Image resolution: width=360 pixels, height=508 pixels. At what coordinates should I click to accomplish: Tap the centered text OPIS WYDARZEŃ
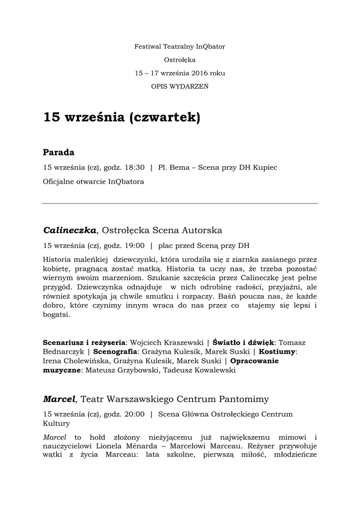180,86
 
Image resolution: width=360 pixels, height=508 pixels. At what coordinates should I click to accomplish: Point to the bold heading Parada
59,152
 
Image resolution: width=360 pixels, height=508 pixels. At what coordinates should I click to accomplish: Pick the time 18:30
135,168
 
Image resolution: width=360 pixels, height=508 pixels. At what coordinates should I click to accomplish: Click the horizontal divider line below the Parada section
180,203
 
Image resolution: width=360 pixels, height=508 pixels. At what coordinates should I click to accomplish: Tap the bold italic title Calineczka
70,230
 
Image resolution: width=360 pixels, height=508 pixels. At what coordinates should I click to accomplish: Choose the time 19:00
135,245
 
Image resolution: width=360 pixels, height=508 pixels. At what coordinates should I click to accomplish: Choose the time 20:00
135,414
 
